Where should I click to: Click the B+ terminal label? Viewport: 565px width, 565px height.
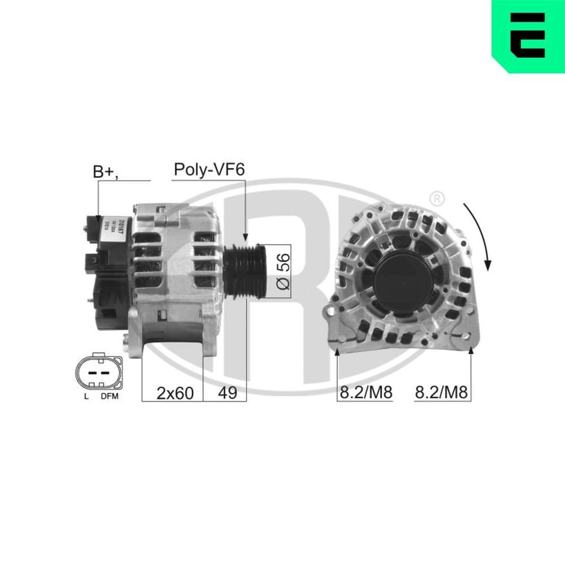tap(105, 172)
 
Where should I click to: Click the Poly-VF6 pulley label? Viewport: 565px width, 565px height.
tap(209, 169)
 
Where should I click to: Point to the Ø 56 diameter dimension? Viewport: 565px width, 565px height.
tap(284, 271)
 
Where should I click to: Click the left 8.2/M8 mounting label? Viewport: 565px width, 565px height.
tap(364, 392)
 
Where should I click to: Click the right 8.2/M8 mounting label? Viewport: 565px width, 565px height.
tap(441, 392)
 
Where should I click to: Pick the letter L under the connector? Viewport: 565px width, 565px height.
tap(86, 396)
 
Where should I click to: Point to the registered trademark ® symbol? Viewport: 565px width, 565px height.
tap(436, 198)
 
